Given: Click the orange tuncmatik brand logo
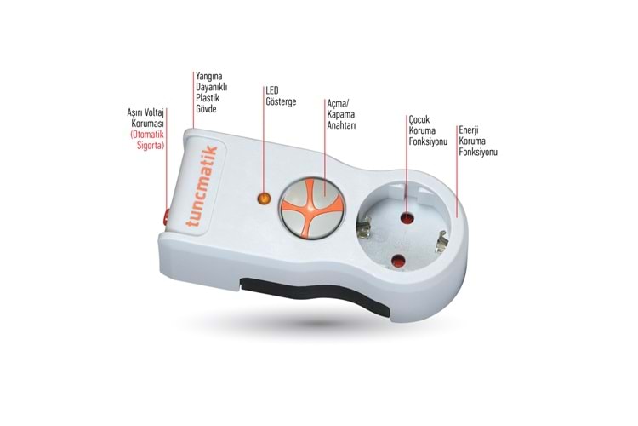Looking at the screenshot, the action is pos(202,187).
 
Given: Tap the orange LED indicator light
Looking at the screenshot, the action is pos(264,199).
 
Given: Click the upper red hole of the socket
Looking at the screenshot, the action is pos(407,218).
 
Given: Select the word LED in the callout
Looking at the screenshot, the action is pos(272,90).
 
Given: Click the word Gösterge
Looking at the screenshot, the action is pos(282,101).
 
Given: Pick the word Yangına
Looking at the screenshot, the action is pos(209,77).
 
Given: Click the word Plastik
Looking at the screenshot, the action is pos(208,98).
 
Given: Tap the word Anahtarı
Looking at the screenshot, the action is pos(341,125).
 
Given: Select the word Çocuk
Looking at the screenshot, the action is pos(419,120).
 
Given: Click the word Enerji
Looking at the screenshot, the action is pos(469,130).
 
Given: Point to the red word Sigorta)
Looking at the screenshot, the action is pos(151,146).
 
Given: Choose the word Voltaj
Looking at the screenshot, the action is pos(152,113).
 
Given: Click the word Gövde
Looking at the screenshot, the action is pos(207,109).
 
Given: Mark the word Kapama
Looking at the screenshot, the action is pos(341,114).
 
